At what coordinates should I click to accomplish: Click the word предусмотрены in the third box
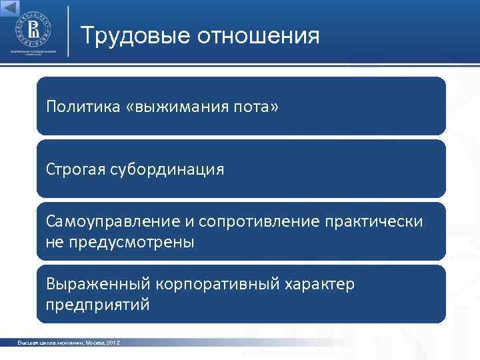click(x=129, y=242)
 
